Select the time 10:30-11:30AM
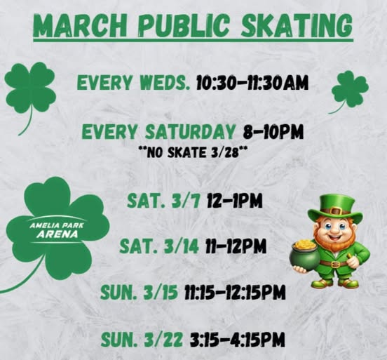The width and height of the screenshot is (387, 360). point(251,84)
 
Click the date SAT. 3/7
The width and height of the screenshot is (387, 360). point(163,201)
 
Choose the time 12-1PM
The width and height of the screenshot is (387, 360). point(234,201)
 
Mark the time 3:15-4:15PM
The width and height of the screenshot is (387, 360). point(238,340)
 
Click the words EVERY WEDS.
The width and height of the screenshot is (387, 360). point(133,84)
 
